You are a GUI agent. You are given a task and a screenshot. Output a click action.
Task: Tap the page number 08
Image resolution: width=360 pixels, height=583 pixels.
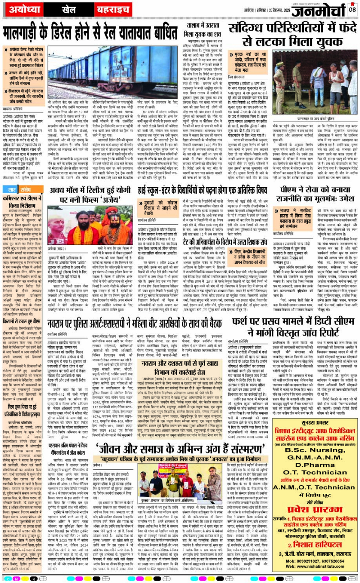pyautogui.click(x=352, y=8)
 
